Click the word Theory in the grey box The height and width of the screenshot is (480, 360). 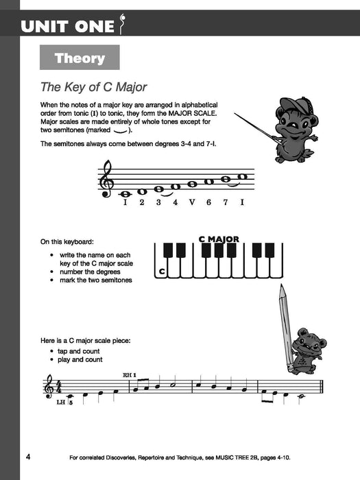click(x=80, y=58)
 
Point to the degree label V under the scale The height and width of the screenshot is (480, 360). click(x=191, y=202)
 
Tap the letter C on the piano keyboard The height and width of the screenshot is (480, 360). click(x=162, y=272)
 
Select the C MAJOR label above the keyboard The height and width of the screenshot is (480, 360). click(x=219, y=239)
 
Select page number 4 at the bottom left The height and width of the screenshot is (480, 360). click(x=27, y=457)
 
